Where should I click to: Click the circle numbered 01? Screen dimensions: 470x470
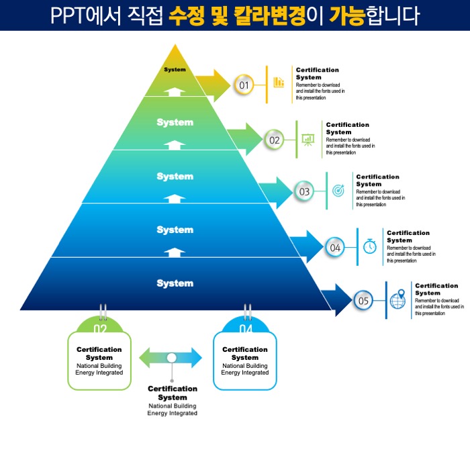point(244,85)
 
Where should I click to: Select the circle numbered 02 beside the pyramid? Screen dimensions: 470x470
point(274,140)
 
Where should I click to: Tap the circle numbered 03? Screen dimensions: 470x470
point(304,191)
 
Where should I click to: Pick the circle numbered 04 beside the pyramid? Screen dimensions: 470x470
point(335,247)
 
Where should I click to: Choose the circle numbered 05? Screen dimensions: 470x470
point(363,300)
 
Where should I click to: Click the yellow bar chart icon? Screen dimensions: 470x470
point(279,83)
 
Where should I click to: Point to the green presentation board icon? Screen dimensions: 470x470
point(308,139)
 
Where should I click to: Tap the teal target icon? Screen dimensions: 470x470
point(338,191)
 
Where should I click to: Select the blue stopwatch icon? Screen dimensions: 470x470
point(369,246)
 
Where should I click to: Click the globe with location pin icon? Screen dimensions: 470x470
point(398,299)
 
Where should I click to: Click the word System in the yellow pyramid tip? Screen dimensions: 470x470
point(175,70)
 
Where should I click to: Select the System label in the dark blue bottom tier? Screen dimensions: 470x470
point(175,283)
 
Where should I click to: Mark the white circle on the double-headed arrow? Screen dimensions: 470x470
point(172,358)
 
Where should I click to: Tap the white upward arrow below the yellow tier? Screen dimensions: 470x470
point(175,91)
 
